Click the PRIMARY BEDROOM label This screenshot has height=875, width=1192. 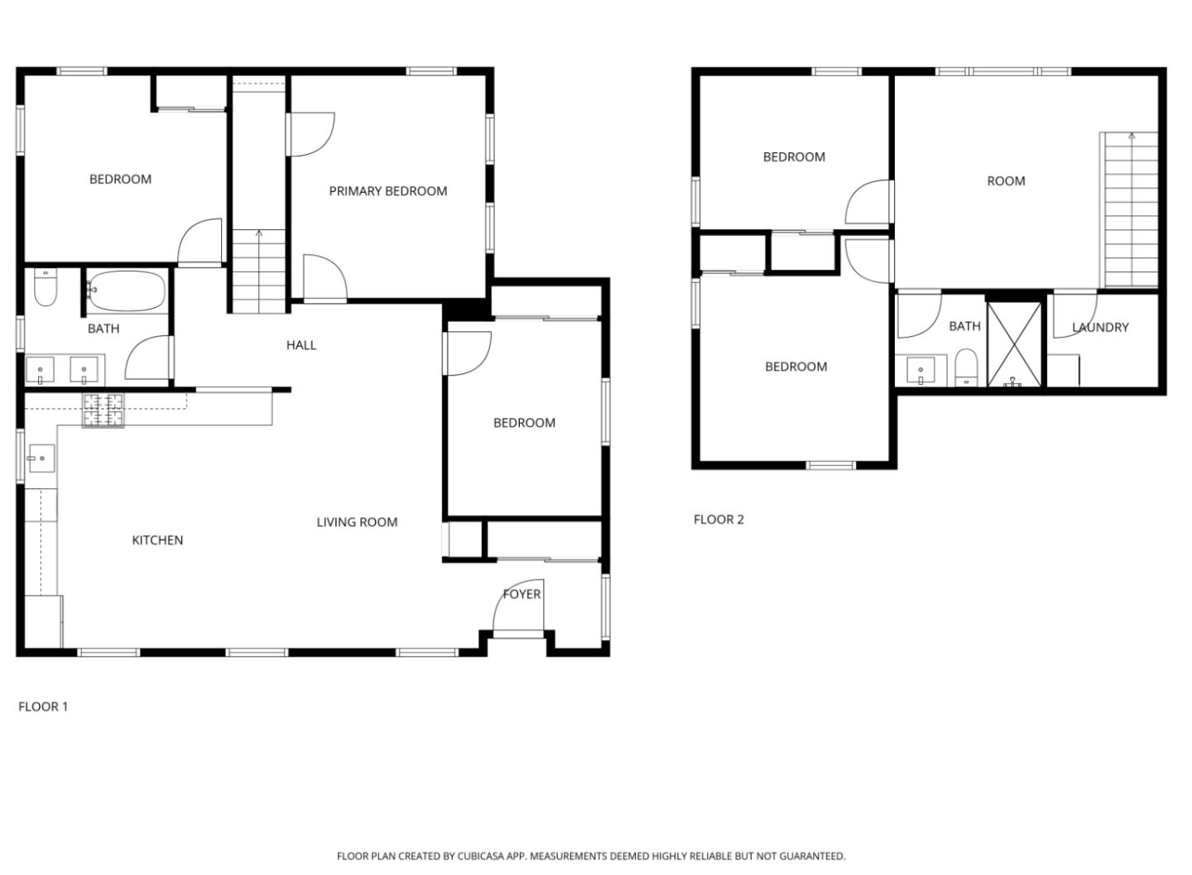tap(387, 191)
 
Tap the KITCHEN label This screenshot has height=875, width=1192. tap(157, 541)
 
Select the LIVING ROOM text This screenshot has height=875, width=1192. tap(357, 522)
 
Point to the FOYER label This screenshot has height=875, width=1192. tap(521, 594)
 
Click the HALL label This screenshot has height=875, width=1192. tap(301, 345)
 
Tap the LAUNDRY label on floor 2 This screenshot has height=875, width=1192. tap(1100, 328)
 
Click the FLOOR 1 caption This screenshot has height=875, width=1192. tap(43, 707)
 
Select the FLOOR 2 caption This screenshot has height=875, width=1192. tap(719, 520)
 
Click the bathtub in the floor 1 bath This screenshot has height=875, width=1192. tap(127, 291)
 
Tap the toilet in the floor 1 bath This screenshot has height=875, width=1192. tap(45, 287)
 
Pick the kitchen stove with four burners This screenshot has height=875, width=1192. tap(103, 410)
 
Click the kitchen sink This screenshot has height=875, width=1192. tap(41, 458)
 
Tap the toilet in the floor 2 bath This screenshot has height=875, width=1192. tap(965, 367)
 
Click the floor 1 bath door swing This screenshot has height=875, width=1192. tap(149, 358)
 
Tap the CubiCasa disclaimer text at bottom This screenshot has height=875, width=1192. tap(590, 856)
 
